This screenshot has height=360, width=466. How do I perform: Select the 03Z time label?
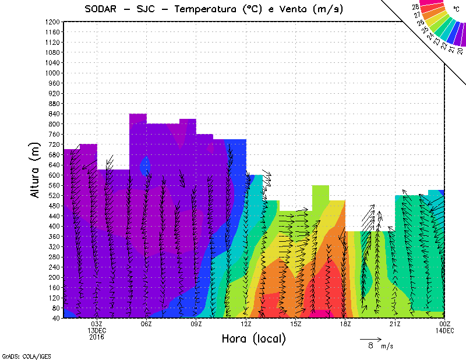[97, 324]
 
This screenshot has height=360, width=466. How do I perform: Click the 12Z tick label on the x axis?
[246, 324]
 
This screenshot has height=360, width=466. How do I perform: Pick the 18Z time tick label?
[345, 324]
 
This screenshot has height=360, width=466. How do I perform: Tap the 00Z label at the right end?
[444, 324]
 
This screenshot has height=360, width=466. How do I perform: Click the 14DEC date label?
[444, 330]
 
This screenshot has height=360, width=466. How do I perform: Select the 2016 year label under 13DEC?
[97, 337]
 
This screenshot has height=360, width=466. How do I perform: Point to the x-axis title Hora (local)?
[254, 338]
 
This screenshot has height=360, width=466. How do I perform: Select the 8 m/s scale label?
[377, 346]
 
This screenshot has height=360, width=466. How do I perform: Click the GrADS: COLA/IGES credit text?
[20, 355]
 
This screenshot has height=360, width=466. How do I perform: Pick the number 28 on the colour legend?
[416, 7]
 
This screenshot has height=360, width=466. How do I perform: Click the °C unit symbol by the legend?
[456, 9]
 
